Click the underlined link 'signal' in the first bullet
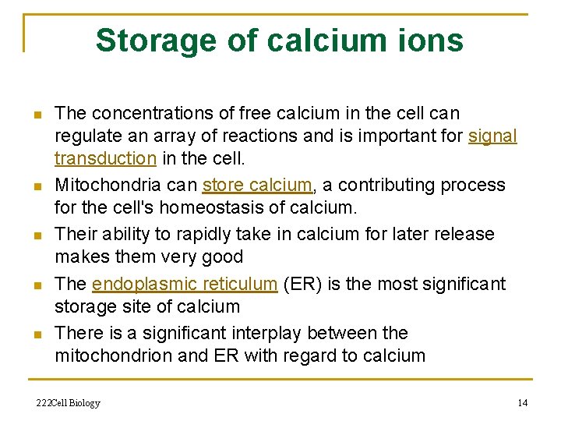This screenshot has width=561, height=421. (x=492, y=136)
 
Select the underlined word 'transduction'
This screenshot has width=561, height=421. (x=106, y=158)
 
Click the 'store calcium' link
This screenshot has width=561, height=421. (x=257, y=186)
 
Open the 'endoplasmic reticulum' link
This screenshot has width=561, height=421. (x=185, y=284)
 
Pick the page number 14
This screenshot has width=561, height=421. (x=522, y=403)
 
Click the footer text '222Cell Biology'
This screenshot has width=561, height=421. (x=69, y=403)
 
